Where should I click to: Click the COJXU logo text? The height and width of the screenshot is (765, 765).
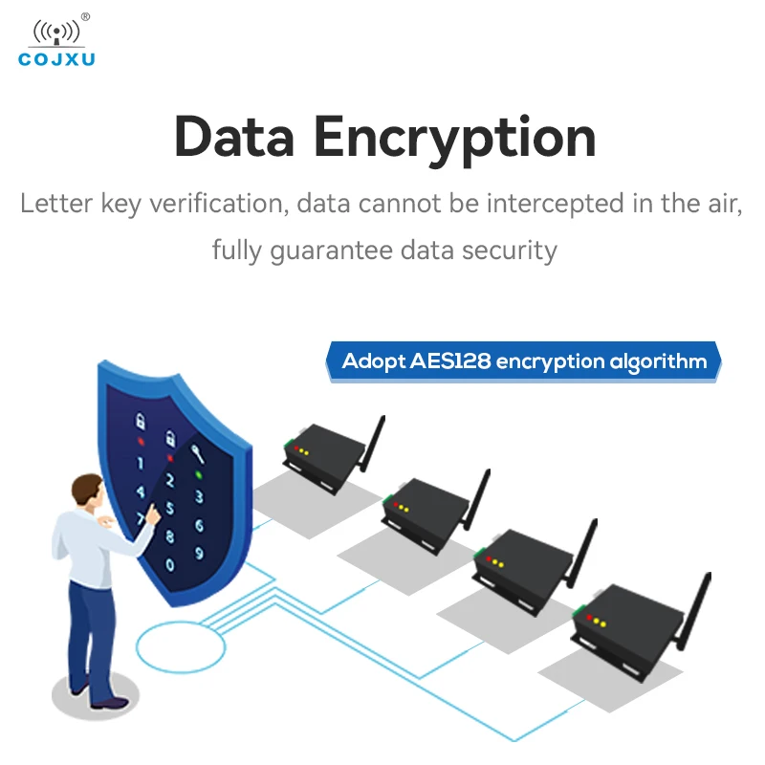point(56,60)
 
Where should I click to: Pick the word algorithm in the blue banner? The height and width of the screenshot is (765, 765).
point(659,361)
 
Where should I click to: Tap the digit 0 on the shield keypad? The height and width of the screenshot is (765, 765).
point(170,565)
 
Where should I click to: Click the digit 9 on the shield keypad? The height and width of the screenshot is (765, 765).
point(199,553)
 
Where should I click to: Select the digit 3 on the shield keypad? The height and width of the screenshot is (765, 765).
point(199,497)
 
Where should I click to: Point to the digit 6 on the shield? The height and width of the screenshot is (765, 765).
point(199,525)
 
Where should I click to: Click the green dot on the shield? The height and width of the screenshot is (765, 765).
point(198,472)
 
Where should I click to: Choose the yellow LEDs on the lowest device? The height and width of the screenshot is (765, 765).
point(599,621)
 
